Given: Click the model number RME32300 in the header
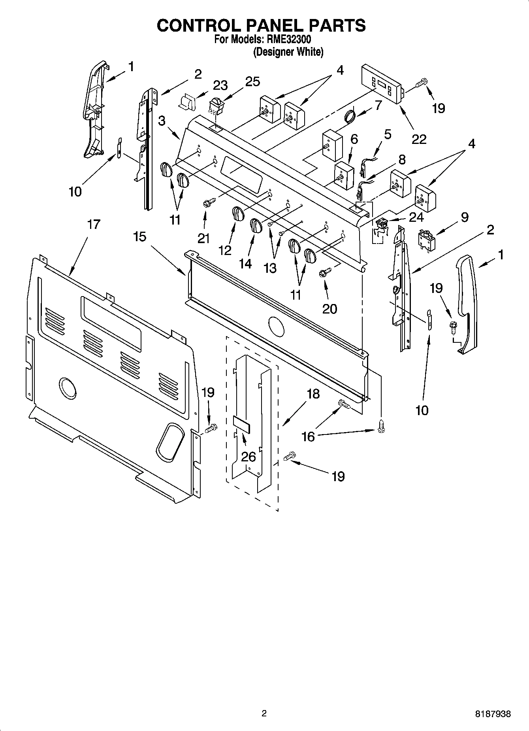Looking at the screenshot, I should [x=289, y=40].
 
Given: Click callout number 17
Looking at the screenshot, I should [x=93, y=225].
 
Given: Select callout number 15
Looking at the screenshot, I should [x=139, y=237].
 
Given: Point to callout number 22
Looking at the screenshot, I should [x=419, y=139].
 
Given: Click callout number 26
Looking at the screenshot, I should [x=248, y=457].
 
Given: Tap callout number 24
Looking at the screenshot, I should [x=416, y=217].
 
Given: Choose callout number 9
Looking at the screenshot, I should [x=465, y=217].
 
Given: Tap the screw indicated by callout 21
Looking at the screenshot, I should [x=208, y=203].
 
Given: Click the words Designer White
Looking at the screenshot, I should [x=288, y=52].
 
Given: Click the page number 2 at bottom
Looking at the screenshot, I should [x=264, y=714].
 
